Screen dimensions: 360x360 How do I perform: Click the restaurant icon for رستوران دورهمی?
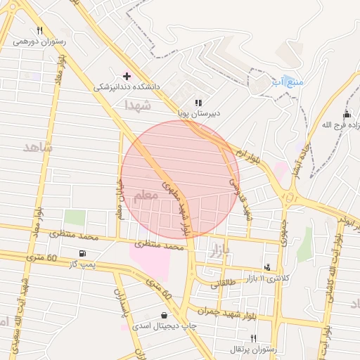point(39,31)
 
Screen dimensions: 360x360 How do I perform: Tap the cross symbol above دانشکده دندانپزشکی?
point(127,76)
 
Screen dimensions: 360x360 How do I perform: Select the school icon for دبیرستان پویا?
point(198,103)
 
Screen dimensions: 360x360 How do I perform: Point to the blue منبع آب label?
point(290,83)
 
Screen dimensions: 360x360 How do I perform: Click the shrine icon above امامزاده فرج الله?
point(346,115)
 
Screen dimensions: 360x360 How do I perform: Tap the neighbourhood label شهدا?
point(137,105)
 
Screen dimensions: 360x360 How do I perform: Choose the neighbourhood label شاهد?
point(38,147)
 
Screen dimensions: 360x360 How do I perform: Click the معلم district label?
point(146,197)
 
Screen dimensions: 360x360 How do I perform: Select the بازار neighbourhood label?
point(219,251)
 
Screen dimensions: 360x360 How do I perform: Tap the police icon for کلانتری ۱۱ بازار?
point(267,267)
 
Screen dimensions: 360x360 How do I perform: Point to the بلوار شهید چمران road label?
point(224,310)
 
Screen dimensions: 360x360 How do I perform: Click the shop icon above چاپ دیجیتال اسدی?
point(165,316)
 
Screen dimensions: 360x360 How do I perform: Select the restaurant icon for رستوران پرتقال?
point(253,338)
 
